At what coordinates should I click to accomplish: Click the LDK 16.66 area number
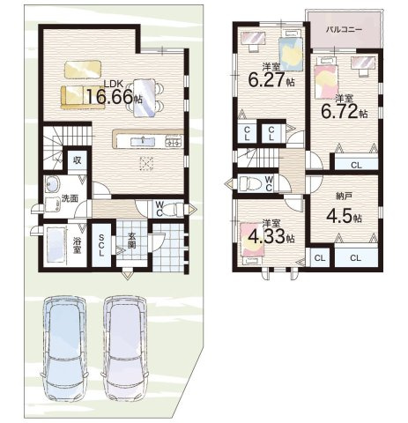tap(110, 97)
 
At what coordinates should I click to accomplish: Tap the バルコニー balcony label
tap(345, 30)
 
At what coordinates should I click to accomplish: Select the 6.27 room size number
tap(267, 80)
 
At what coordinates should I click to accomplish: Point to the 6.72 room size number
tap(339, 111)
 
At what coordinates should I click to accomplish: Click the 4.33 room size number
tap(267, 237)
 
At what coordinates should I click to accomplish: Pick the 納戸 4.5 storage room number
tap(339, 217)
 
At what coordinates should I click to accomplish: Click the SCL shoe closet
tap(101, 245)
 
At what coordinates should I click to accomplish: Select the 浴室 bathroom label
tap(78, 246)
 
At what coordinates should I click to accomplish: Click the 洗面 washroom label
tap(70, 198)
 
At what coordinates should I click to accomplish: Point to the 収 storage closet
tap(78, 160)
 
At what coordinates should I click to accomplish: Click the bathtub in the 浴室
tap(56, 246)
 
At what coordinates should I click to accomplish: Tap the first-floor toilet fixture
tap(174, 210)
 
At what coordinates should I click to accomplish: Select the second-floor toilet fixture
tap(250, 184)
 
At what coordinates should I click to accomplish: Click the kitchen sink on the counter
tap(143, 142)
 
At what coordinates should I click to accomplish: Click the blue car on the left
tap(64, 348)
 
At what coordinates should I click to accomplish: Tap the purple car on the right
tap(125, 348)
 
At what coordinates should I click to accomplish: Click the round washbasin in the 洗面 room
tap(53, 185)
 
